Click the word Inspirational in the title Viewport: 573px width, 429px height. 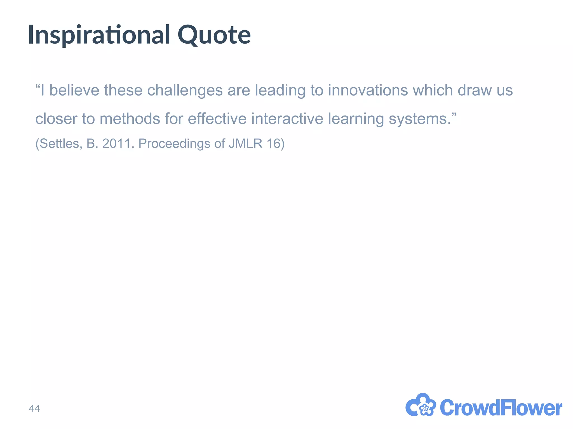99,35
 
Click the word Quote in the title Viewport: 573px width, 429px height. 214,35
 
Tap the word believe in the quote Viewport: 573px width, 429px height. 74,90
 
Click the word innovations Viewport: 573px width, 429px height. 368,90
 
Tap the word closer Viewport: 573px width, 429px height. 56,119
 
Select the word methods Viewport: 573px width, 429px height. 130,119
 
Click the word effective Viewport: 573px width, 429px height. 217,119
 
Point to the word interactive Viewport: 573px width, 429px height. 287,119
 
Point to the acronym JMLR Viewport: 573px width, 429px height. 245,144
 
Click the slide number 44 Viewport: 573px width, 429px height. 34,409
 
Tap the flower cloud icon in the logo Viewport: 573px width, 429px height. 421,405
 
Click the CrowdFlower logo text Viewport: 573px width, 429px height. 501,408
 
